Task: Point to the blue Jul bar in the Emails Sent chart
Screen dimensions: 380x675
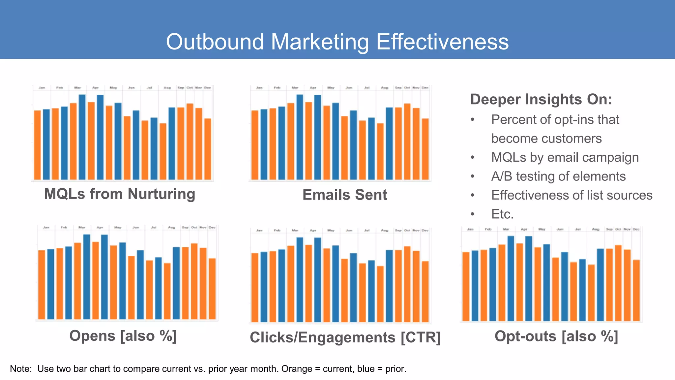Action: click(371, 148)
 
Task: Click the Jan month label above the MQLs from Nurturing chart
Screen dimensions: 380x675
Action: click(42, 88)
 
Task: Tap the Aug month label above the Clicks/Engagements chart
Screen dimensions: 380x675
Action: click(385, 231)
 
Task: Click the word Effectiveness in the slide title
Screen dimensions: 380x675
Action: click(442, 42)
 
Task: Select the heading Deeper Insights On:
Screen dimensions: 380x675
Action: click(541, 99)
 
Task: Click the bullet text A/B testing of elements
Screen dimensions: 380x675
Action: click(558, 176)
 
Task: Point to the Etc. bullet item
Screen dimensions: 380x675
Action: click(502, 214)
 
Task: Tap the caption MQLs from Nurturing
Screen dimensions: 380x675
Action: click(120, 194)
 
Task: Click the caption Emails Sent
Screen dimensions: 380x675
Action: click(345, 195)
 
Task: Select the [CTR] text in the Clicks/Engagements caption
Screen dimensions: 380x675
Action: click(421, 337)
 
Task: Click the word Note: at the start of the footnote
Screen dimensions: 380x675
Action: click(21, 369)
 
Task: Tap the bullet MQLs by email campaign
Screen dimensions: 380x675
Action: click(565, 157)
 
